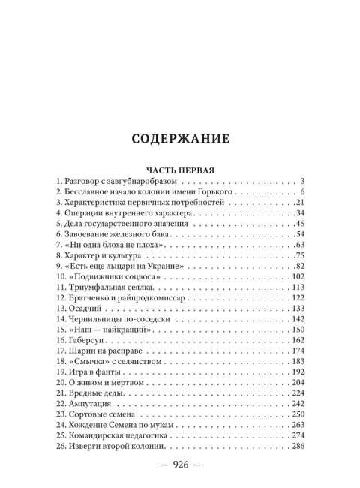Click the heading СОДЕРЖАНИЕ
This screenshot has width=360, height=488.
coord(180,139)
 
